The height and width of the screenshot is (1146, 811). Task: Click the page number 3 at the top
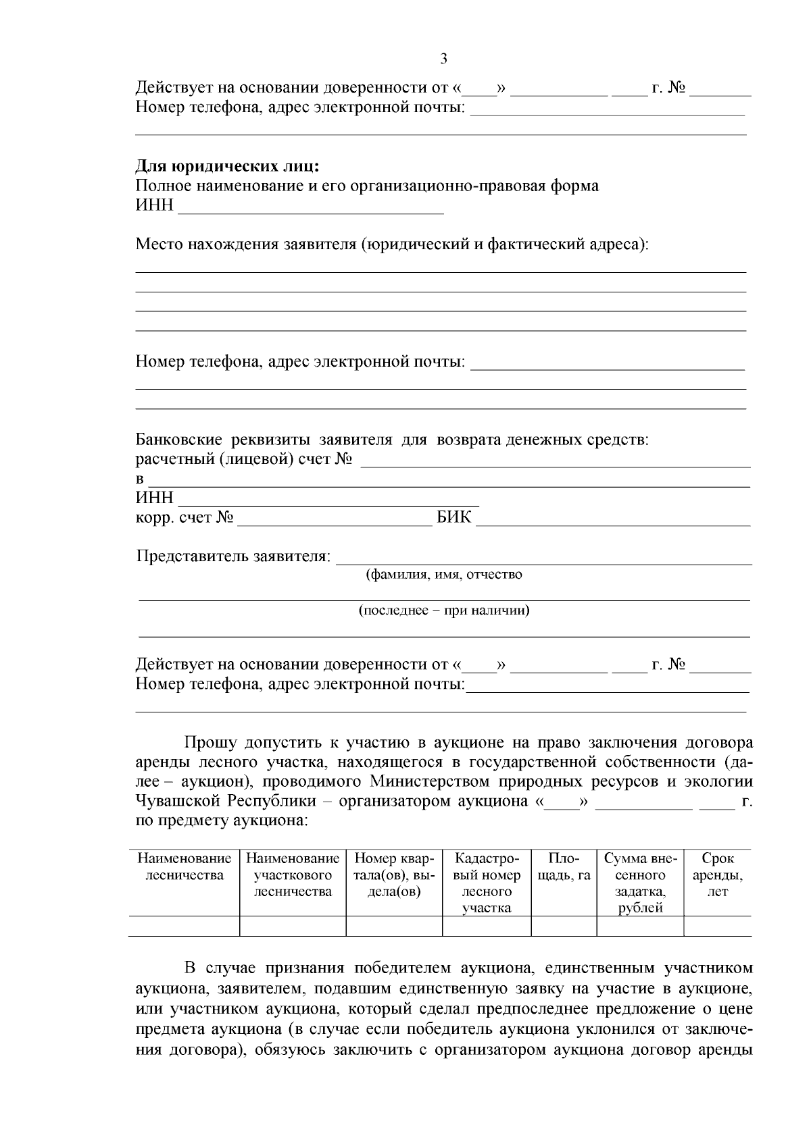pyautogui.click(x=443, y=59)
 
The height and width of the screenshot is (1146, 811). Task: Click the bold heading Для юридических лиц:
pyautogui.click(x=227, y=166)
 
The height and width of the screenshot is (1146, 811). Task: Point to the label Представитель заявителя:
pyautogui.click(x=234, y=557)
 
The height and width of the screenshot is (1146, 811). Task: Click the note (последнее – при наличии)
pyautogui.click(x=444, y=610)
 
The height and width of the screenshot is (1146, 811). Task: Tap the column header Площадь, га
pyautogui.click(x=564, y=867)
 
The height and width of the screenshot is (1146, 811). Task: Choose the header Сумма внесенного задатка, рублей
pyautogui.click(x=639, y=883)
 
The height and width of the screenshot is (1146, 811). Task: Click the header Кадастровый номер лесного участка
pyautogui.click(x=487, y=883)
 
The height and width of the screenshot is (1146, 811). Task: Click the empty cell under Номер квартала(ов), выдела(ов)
pyautogui.click(x=394, y=926)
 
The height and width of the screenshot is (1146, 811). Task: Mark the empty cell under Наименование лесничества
pyautogui.click(x=184, y=926)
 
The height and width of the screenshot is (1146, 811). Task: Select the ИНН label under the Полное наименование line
pyautogui.click(x=154, y=205)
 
